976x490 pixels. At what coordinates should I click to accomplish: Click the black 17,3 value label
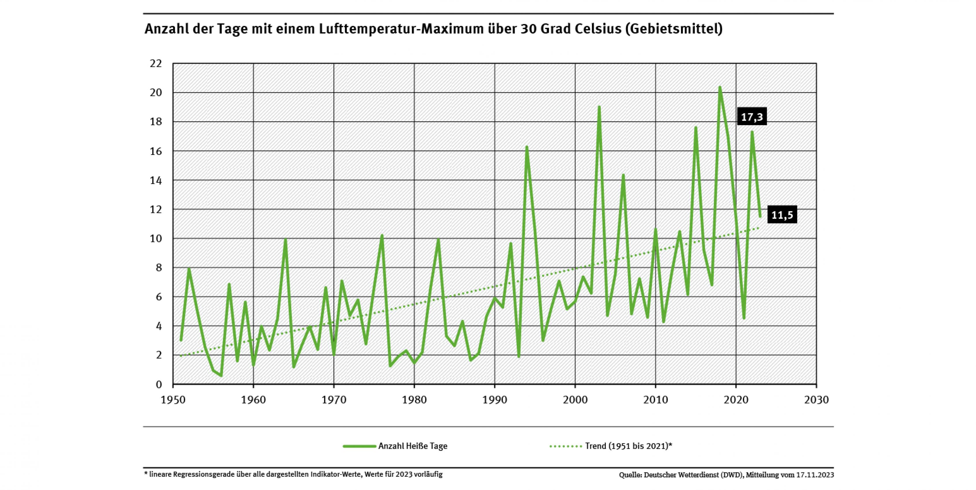point(752,117)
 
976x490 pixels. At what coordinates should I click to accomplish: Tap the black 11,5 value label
point(782,215)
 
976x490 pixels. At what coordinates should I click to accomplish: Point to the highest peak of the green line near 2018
point(720,88)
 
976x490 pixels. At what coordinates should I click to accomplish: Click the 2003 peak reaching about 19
point(599,107)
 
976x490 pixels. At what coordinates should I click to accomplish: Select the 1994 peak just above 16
point(527,147)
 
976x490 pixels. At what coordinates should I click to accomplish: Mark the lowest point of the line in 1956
point(221,375)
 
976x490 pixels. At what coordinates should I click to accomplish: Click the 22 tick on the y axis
point(156,64)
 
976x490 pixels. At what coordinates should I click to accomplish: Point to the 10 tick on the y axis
point(156,239)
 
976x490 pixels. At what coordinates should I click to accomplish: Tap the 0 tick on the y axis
point(158,384)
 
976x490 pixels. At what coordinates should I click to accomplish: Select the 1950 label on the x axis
point(173,400)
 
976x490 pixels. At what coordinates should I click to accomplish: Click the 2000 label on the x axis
point(575,400)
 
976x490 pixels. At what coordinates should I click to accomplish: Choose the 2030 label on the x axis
point(816,400)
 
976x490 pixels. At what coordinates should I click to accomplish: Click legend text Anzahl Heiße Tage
point(413,446)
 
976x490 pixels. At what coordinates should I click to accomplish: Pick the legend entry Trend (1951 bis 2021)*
point(628,446)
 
